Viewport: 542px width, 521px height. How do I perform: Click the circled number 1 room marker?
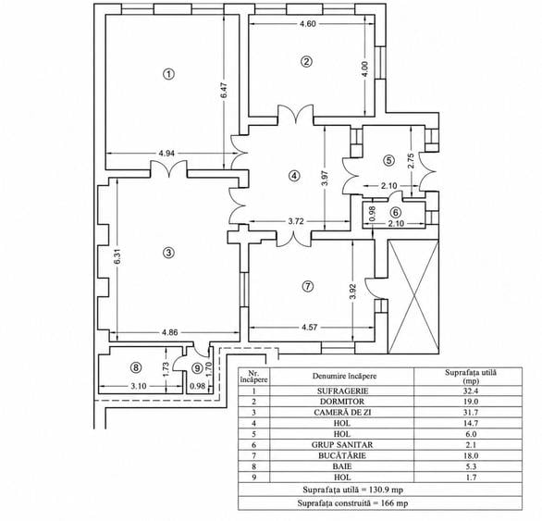(x=168, y=74)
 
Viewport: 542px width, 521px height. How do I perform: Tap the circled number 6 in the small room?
(x=396, y=212)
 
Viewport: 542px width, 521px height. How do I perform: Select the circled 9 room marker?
(x=197, y=368)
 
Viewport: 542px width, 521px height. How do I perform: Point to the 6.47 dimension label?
(x=224, y=90)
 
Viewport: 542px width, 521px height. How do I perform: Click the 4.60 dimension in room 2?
(x=307, y=24)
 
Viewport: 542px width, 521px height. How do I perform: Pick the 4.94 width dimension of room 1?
(x=166, y=154)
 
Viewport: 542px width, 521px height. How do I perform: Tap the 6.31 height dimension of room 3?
(x=117, y=256)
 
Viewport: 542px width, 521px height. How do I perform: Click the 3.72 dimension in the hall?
(x=296, y=221)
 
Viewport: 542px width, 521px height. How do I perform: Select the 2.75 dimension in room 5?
(x=411, y=161)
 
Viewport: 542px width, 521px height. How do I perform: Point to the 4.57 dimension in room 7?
(x=309, y=328)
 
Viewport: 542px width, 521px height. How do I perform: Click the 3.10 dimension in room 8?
(x=139, y=386)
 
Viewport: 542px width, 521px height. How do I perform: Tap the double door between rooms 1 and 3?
(x=169, y=168)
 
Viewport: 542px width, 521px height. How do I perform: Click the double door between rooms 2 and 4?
(x=296, y=114)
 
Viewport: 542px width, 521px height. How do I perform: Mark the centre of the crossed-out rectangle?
(x=413, y=296)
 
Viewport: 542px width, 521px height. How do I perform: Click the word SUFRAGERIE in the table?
(x=342, y=391)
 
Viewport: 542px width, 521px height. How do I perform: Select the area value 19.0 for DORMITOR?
(x=470, y=402)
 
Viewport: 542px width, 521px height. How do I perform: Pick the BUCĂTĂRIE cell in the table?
(x=342, y=455)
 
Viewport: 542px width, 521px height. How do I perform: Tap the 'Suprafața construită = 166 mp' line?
(x=352, y=503)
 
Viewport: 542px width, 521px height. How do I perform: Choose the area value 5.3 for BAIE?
(x=471, y=466)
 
